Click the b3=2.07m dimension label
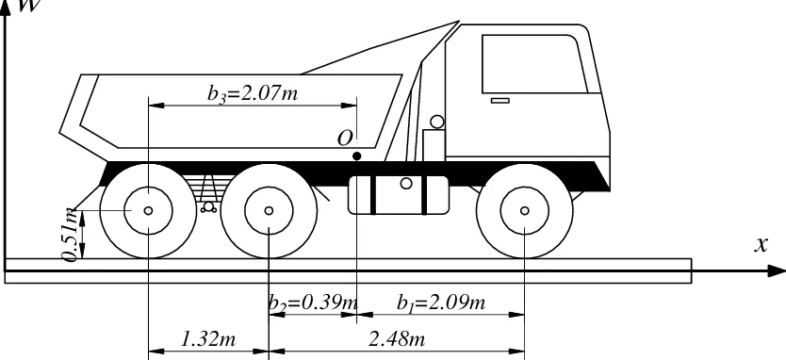254,93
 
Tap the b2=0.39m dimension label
313,303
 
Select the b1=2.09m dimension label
441,303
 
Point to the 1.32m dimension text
207,339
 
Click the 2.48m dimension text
397,339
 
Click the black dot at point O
356,156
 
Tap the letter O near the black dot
345,139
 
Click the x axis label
761,244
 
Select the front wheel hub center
524,210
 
